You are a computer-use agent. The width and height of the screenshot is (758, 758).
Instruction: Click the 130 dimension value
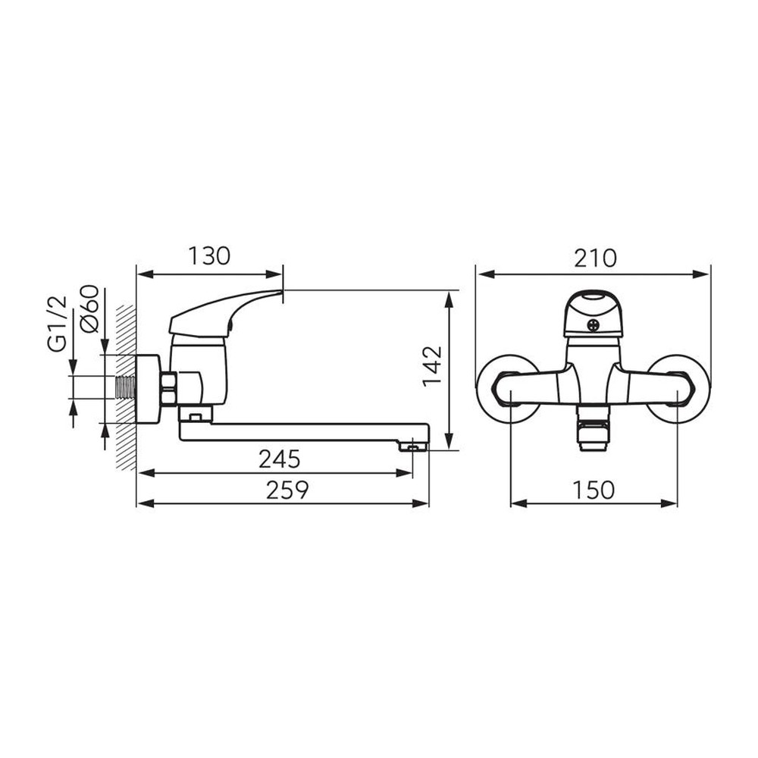(x=209, y=256)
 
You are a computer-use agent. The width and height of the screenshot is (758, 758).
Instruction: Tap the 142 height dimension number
(x=432, y=366)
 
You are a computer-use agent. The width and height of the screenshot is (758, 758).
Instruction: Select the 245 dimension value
(x=280, y=459)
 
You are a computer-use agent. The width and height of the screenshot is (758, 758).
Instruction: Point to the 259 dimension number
(x=287, y=490)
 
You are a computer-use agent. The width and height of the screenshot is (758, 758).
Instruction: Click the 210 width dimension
(x=595, y=258)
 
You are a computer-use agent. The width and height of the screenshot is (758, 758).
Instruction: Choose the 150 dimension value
(x=594, y=490)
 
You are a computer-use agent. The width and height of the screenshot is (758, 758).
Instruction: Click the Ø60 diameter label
(x=90, y=309)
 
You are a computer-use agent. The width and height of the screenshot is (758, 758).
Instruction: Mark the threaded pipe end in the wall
(x=126, y=387)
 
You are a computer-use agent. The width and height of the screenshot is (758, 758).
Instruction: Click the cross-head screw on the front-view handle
(x=594, y=325)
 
